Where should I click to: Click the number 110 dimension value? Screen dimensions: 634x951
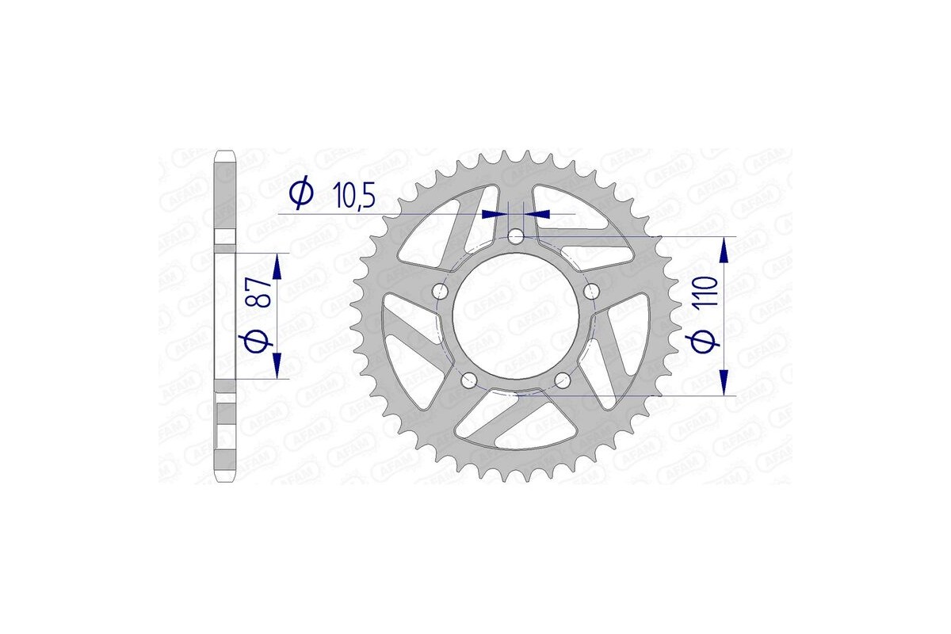point(708,292)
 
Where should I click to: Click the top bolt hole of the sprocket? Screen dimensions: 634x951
point(516,236)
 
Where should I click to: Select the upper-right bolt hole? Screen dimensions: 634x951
point(590,292)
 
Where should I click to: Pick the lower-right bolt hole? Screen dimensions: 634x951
point(563,380)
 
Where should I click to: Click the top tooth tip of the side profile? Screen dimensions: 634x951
point(226,151)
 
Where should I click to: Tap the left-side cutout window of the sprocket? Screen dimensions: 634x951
point(408,341)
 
